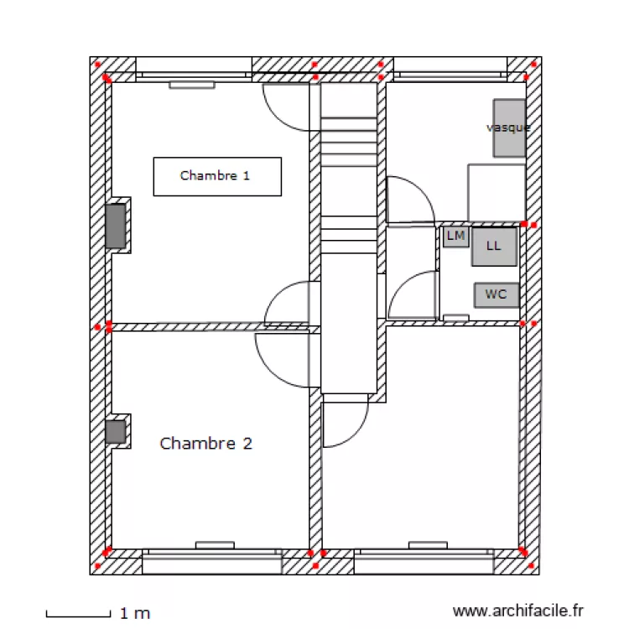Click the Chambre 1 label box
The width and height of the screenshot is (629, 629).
tap(216, 176)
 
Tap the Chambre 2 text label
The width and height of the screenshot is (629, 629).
tap(205, 444)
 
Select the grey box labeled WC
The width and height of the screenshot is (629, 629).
tap(496, 294)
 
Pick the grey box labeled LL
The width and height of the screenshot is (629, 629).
tap(494, 247)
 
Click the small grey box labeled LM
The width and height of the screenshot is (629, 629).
tap(455, 237)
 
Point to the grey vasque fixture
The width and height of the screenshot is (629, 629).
tap(509, 127)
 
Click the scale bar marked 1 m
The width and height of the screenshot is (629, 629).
tap(78, 615)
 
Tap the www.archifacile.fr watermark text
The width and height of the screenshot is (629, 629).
tap(517, 611)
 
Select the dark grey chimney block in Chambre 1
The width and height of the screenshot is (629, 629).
tap(116, 226)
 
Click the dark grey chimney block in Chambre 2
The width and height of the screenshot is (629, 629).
tap(115, 432)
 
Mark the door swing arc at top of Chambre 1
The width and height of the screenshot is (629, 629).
tap(289, 107)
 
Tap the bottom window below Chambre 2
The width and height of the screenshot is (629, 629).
tap(212, 561)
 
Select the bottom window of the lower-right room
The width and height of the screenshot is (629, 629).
tap(423, 561)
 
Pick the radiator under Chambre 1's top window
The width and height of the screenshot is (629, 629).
tap(192, 85)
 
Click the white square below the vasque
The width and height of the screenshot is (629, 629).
tap(496, 192)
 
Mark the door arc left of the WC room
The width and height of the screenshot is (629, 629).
tap(413, 294)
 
